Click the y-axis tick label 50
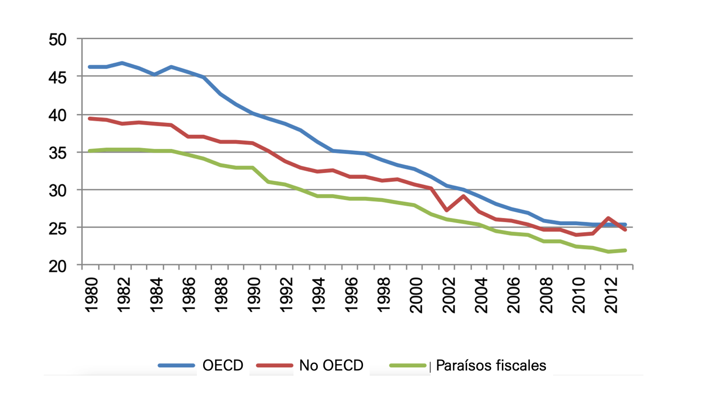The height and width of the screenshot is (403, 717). pos(57,40)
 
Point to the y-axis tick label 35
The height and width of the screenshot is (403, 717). pos(57,153)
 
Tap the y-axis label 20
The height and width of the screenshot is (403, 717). pos(57,266)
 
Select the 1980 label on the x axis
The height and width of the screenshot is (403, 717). pos(92,295)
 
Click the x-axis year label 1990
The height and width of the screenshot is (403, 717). pos(254,295)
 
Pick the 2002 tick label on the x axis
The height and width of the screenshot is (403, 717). pos(449,295)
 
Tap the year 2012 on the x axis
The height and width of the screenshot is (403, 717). pos(611,295)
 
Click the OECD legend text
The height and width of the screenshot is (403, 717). pos(223,366)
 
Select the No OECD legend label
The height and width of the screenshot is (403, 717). pos(331,366)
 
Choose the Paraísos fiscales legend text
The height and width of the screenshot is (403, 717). pos(491,366)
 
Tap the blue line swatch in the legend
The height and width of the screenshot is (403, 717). pos(177,366)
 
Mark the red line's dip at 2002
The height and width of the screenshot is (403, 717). pos(447,210)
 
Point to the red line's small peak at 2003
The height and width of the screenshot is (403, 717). pos(463,196)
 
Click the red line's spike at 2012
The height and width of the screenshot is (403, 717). pos(609,218)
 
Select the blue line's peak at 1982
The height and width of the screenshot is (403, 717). pos(122,63)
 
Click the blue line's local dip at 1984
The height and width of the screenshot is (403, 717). pos(154,74)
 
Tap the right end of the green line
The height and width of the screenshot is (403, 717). pos(625,250)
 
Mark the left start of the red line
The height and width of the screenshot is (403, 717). pos(90,119)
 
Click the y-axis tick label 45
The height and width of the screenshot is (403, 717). pos(57,78)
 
